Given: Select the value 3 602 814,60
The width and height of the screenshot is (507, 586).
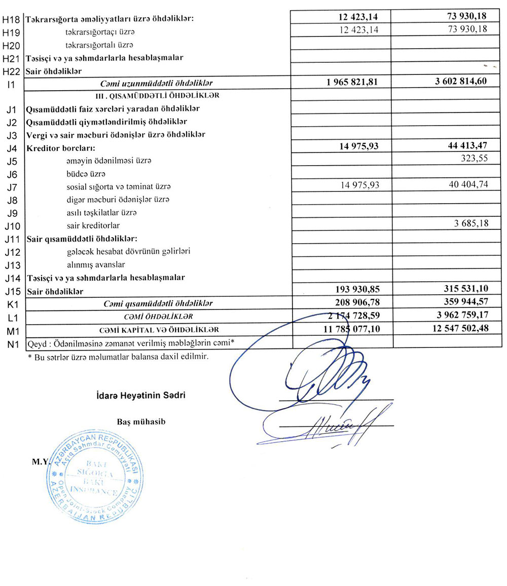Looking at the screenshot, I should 461,82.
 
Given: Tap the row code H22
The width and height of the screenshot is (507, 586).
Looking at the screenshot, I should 11,71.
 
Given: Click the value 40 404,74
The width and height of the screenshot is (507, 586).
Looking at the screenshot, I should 461,185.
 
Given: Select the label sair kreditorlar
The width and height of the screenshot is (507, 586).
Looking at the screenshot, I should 93,225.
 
